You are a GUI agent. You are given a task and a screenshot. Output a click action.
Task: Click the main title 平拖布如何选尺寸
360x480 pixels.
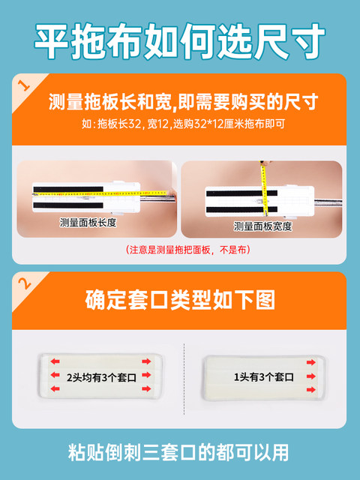click(180, 36)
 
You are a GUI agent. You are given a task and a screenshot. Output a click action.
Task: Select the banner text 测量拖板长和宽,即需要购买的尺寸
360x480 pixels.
click(184, 101)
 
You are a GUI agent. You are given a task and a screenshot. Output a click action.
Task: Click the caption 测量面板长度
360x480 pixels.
click(94, 223)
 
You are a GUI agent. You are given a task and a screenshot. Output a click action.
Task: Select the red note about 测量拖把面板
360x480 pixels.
click(180, 249)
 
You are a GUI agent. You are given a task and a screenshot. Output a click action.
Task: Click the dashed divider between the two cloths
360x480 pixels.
click(184, 375)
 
